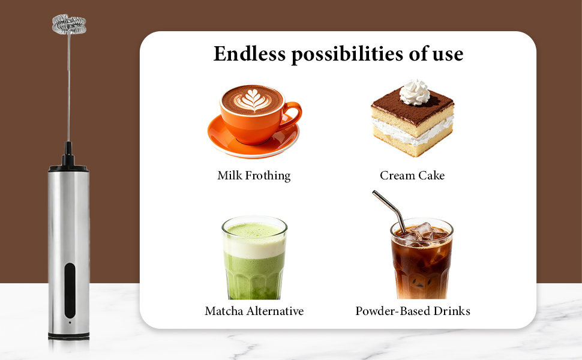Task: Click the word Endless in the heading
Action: coord(249,54)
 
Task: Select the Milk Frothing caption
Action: coord(254,176)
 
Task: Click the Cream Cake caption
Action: coord(412,176)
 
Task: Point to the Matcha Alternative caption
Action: coord(254,311)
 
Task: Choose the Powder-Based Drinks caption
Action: coord(413,311)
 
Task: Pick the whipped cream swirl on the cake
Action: coord(415,91)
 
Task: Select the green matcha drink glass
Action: coord(254,270)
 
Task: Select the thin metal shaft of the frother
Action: coord(68,90)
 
